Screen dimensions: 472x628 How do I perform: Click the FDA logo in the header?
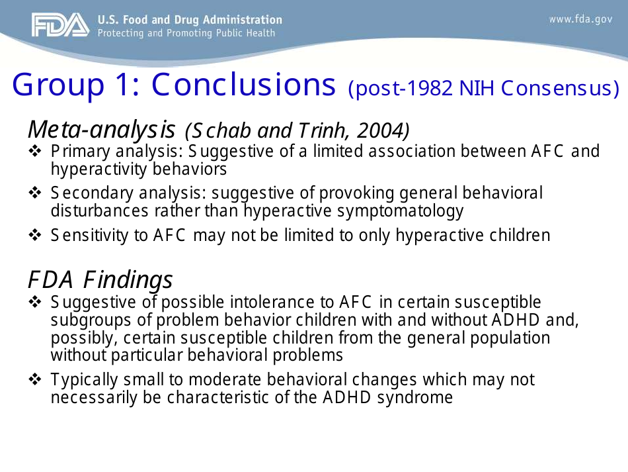pos(59,25)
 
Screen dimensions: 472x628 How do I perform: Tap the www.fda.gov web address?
pos(580,19)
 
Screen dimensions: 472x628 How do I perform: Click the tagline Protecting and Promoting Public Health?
pos(186,33)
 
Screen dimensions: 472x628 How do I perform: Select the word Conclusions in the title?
pos(243,85)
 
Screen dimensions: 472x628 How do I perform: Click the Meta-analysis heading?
pos(101,128)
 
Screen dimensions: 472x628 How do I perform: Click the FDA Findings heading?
pos(100,279)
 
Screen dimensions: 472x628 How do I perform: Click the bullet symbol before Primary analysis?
pos(35,152)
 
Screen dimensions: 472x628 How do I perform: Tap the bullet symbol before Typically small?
pos(35,380)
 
